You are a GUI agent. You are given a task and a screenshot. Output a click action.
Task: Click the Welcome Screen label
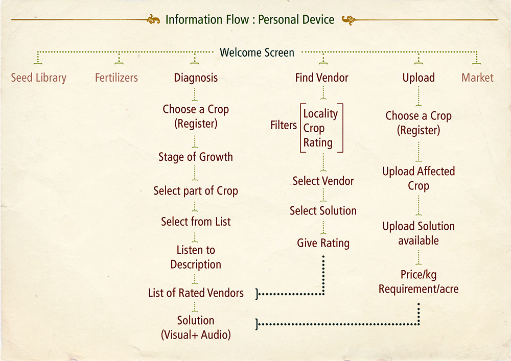257,53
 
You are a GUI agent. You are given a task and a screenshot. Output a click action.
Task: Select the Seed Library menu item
38,78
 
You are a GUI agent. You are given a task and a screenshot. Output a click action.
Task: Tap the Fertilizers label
117,78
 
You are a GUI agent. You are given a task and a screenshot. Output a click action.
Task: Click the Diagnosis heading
196,78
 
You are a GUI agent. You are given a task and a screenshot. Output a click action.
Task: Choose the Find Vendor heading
321,78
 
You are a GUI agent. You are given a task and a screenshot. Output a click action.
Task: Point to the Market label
477,78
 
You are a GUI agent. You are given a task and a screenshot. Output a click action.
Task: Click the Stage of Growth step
196,157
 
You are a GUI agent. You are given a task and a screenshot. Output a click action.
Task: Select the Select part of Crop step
196,191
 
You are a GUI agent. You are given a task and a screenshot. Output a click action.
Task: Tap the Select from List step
196,222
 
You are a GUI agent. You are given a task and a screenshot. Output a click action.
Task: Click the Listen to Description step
196,257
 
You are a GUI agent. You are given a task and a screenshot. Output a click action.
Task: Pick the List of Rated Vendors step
196,293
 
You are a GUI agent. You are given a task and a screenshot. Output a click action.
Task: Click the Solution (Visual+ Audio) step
196,327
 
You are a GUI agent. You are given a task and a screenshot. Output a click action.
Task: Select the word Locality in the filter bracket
321,113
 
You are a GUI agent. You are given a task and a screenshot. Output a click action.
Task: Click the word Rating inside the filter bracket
318,142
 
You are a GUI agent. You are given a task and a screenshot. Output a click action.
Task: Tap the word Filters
284,125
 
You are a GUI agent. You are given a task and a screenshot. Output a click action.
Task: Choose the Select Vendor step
323,181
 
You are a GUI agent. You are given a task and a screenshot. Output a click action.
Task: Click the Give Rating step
323,243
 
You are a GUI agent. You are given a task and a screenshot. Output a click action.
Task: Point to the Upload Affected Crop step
419,178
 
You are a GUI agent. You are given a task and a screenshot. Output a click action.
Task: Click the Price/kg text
419,275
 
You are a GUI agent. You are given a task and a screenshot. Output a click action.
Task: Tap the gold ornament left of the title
153,19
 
